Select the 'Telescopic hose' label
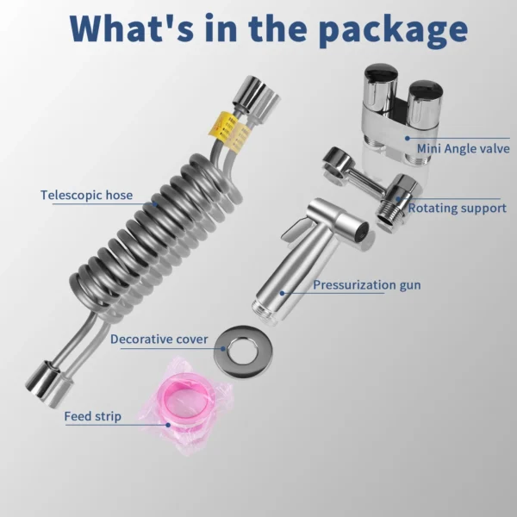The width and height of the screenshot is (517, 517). (x=87, y=195)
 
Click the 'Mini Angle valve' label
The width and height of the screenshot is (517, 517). (x=464, y=148)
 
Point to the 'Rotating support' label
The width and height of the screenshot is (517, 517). (x=457, y=208)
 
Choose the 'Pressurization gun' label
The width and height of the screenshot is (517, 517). (x=367, y=285)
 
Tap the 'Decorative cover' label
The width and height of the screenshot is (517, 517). (x=159, y=339)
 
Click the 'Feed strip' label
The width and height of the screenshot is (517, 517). (x=93, y=416)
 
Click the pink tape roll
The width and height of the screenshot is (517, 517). (x=185, y=405)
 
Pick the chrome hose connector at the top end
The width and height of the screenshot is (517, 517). (x=250, y=91)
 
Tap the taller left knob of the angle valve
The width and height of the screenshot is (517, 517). (x=381, y=86)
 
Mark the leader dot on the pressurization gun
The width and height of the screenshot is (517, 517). (x=283, y=293)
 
